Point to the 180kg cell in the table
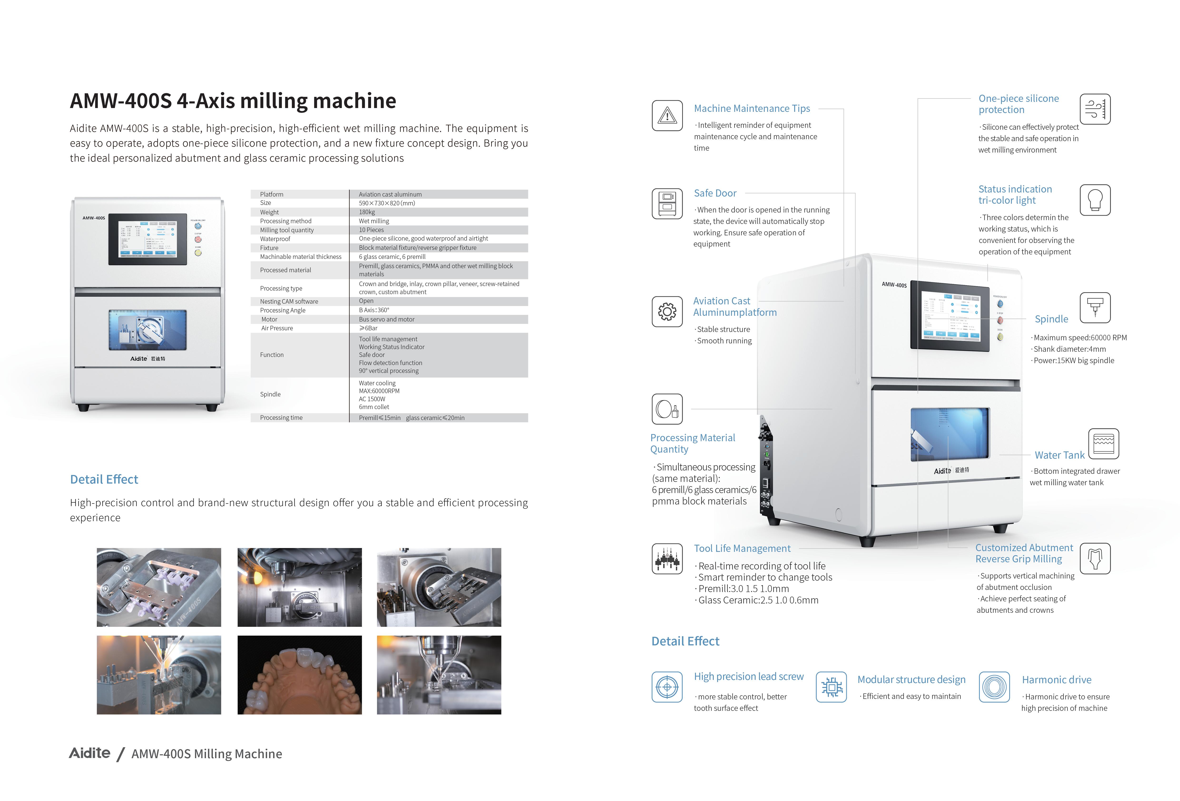[367, 212]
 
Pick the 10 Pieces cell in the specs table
[371, 230]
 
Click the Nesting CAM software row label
[289, 301]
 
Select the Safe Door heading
[715, 193]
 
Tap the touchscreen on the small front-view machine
[148, 239]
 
